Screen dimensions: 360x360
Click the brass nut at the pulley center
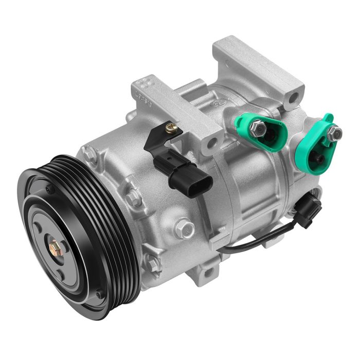pyautogui.click(x=55, y=249)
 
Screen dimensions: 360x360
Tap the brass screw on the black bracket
pyautogui.click(x=172, y=129)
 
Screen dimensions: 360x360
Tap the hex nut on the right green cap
pyautogui.click(x=334, y=133)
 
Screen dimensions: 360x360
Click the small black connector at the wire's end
pyautogui.click(x=310, y=208)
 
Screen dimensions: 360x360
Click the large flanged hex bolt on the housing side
pyautogui.click(x=184, y=227)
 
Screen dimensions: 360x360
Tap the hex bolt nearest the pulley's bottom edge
pyautogui.click(x=153, y=263)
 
